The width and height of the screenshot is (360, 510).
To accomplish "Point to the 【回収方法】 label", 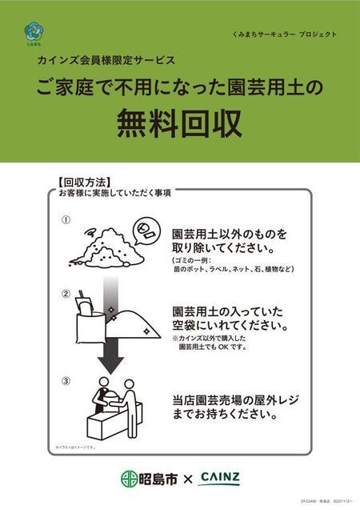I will [x=84, y=182].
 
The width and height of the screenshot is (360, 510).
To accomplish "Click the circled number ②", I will [x=66, y=293].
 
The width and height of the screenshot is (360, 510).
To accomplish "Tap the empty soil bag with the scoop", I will [x=94, y=319].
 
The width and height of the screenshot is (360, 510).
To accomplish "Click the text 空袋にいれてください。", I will [x=228, y=325].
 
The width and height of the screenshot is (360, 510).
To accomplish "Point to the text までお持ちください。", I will [x=224, y=415].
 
